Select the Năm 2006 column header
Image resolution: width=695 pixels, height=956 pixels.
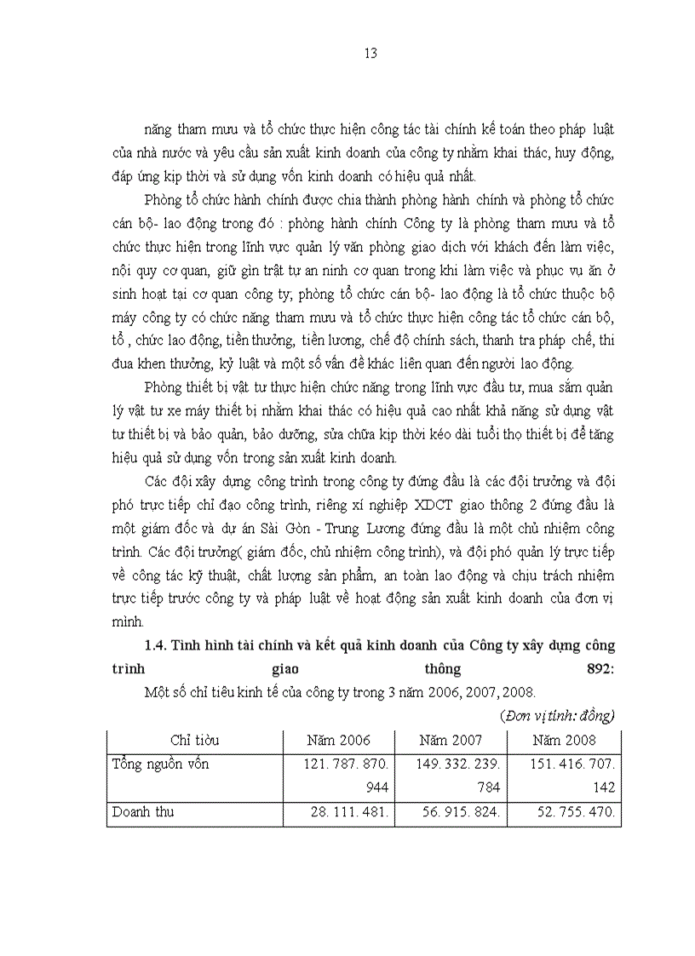pos(338,741)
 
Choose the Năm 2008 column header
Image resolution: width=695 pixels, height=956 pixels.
pos(564,741)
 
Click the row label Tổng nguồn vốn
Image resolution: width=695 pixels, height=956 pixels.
pos(161,764)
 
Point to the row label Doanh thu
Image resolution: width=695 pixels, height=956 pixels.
pos(143,812)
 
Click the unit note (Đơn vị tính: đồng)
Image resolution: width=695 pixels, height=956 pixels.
pos(558,714)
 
